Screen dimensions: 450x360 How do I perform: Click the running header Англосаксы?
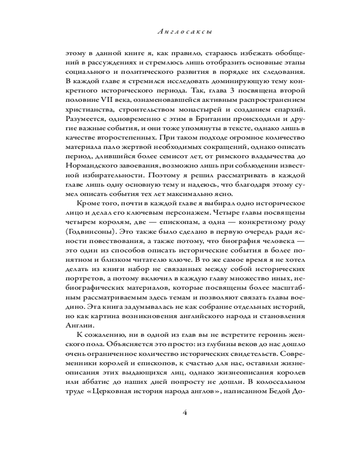180,32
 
